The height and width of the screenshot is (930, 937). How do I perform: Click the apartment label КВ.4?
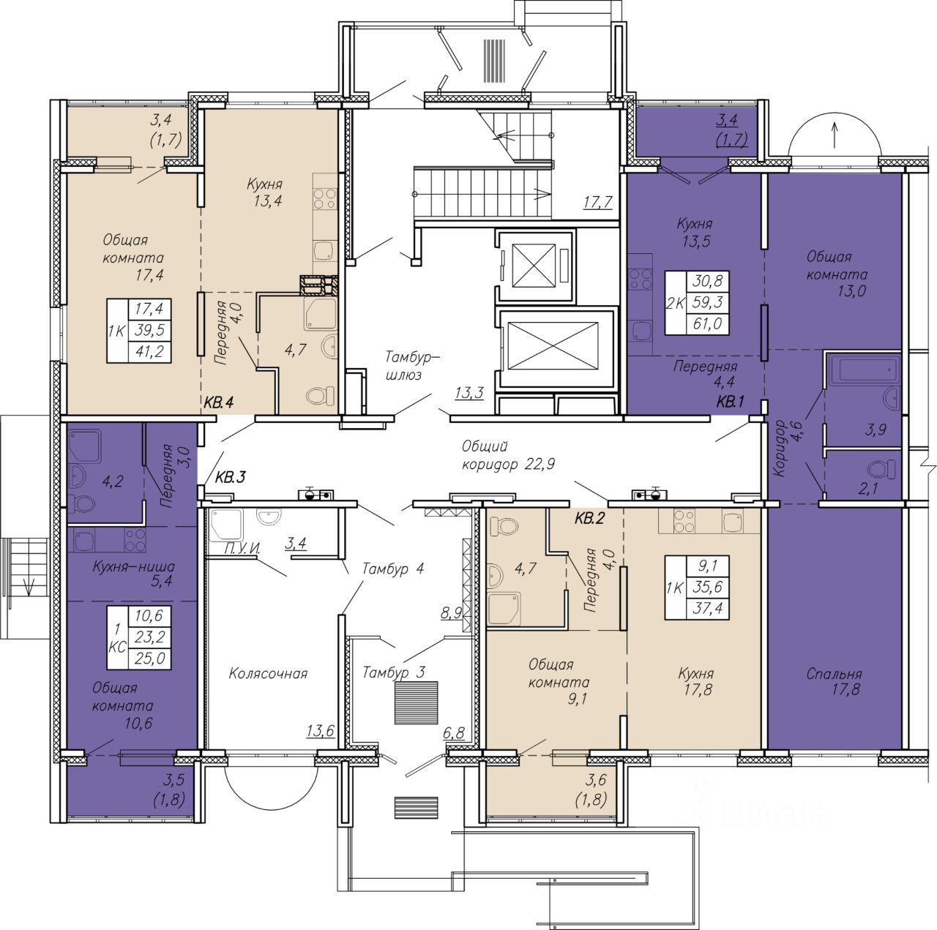pyautogui.click(x=218, y=402)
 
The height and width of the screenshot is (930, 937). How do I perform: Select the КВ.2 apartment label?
pyautogui.click(x=589, y=519)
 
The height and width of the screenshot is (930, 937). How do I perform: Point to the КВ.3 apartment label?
pyautogui.click(x=230, y=477)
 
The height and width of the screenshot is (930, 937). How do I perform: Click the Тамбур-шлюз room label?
pyautogui.click(x=411, y=366)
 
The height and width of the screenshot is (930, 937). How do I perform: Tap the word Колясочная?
pyautogui.click(x=268, y=673)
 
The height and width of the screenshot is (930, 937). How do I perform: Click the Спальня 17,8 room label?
pyautogui.click(x=834, y=681)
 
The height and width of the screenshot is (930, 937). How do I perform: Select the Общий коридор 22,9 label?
pyautogui.click(x=508, y=455)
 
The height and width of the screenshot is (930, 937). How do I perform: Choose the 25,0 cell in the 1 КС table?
pyautogui.click(x=149, y=659)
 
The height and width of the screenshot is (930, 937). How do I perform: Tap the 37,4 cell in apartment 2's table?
pyautogui.click(x=707, y=608)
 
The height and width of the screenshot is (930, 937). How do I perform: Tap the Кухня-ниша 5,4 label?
pyautogui.click(x=133, y=574)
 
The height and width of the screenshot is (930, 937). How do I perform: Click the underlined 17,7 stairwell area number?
pyautogui.click(x=597, y=201)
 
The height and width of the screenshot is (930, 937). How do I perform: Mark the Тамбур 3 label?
pyautogui.click(x=394, y=672)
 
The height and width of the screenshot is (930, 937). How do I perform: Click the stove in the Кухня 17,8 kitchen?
pyautogui.click(x=684, y=522)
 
